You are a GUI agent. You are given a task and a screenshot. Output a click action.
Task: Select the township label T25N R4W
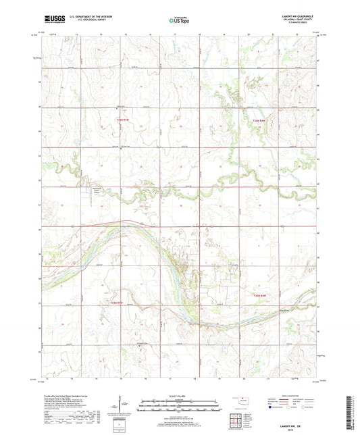pos(262,295)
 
